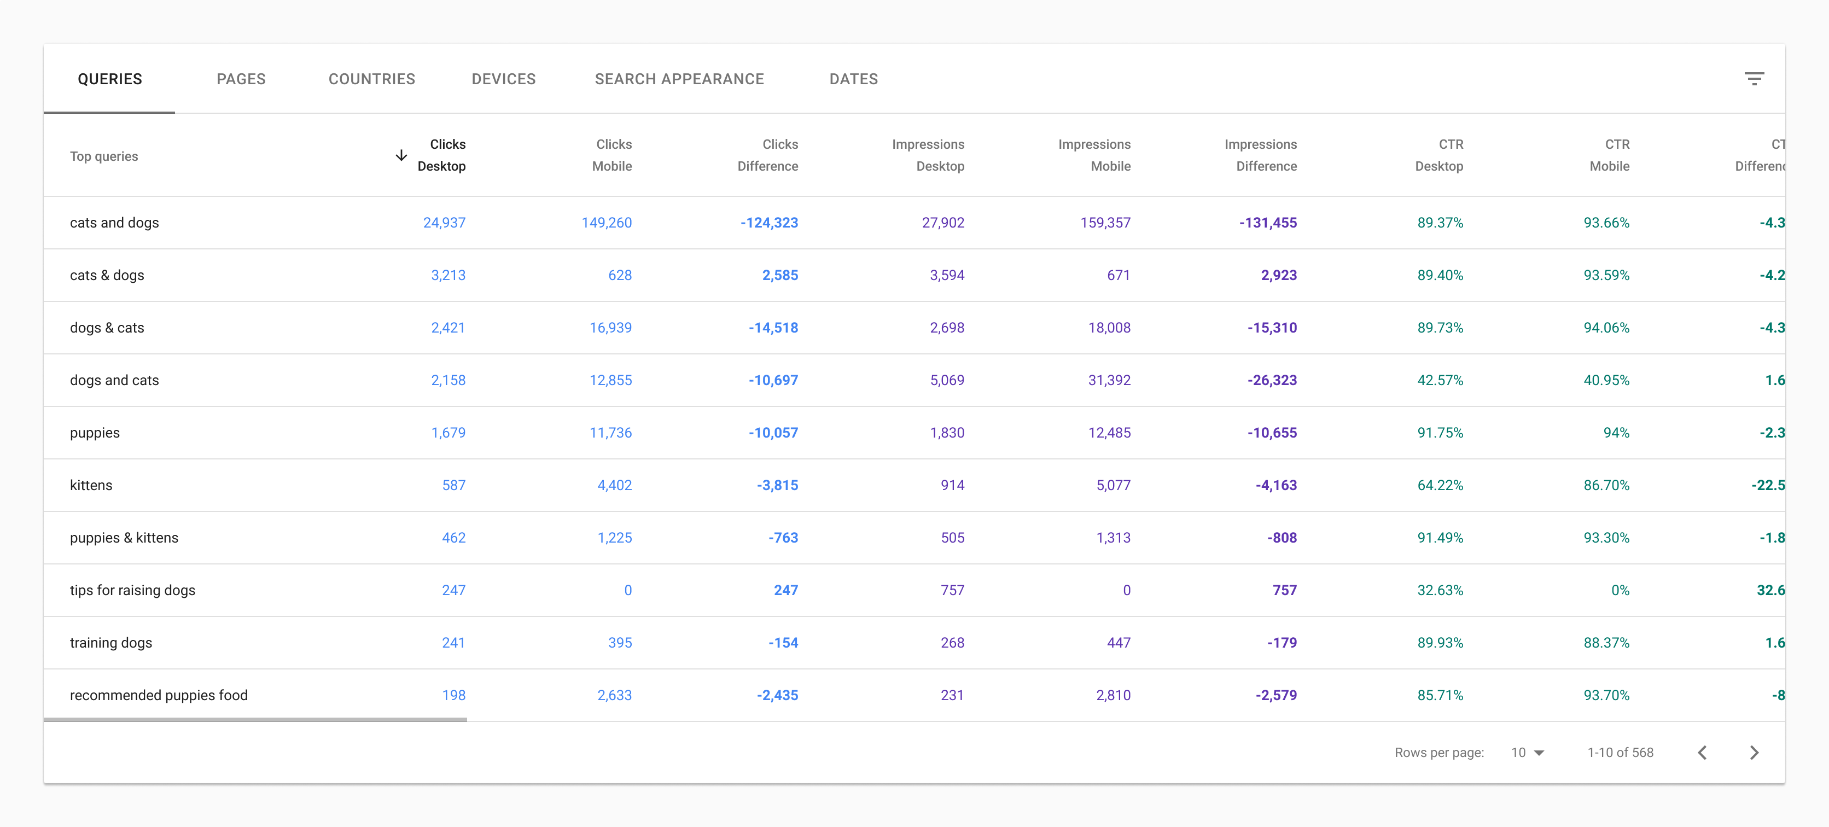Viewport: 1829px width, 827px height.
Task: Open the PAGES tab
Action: pyautogui.click(x=241, y=79)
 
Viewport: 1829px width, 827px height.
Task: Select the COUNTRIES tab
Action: pyautogui.click(x=371, y=79)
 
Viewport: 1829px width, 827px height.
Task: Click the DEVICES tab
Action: pyautogui.click(x=503, y=79)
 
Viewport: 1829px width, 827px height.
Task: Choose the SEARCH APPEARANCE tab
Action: pyautogui.click(x=679, y=79)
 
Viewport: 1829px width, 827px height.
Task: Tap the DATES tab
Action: pyautogui.click(x=853, y=79)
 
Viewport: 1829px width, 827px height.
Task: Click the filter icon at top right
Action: pyautogui.click(x=1754, y=79)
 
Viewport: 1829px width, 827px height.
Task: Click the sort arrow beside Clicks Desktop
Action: pyautogui.click(x=401, y=155)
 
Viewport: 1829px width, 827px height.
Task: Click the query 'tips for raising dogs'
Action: pyautogui.click(x=132, y=591)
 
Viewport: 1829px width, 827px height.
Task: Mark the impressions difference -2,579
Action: pyautogui.click(x=1276, y=696)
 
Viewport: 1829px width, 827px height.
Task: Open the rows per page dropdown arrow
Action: pyautogui.click(x=1539, y=753)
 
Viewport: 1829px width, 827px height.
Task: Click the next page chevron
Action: pyautogui.click(x=1754, y=753)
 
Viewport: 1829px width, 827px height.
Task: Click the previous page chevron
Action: pyautogui.click(x=1702, y=753)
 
